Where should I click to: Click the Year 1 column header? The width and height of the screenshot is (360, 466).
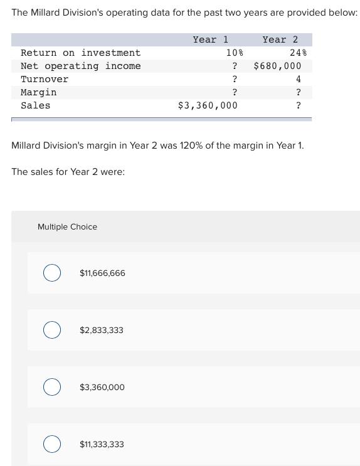210,40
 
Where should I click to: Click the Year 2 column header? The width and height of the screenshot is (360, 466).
280,40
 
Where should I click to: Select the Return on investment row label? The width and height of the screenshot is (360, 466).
80,53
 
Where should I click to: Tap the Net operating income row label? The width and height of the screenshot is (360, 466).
80,66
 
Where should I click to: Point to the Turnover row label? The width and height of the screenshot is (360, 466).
45,79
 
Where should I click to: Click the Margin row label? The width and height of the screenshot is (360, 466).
38,92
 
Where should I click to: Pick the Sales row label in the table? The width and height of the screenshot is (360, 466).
35,105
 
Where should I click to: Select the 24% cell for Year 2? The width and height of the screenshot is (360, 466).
297,53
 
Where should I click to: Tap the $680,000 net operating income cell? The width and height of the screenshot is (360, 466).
277,66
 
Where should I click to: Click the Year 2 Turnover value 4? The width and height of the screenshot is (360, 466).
299,79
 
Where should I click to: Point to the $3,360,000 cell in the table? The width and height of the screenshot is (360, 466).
208,105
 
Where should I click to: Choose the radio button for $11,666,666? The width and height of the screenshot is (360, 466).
52,273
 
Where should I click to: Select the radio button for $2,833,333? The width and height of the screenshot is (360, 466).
52,330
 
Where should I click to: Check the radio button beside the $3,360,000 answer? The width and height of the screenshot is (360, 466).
52,387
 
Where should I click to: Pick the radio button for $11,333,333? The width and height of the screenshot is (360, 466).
52,444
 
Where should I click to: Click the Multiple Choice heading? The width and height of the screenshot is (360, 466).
67,227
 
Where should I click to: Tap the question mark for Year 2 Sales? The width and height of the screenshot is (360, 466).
299,105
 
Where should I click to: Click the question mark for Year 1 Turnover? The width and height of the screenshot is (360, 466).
235,79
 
